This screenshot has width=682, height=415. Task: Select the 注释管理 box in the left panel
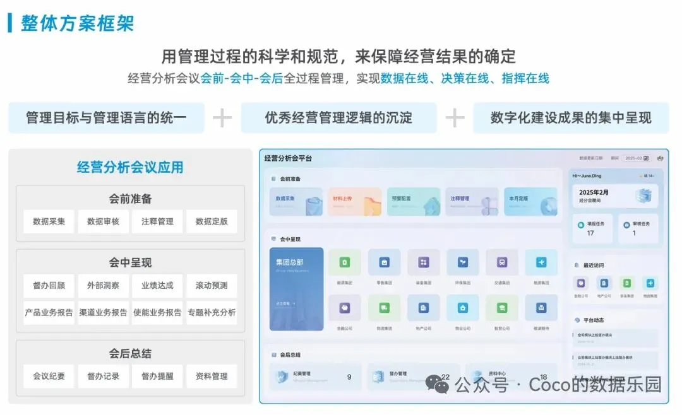(157, 221)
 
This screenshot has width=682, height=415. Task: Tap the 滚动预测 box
(212, 285)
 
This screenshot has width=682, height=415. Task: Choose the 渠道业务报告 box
(103, 312)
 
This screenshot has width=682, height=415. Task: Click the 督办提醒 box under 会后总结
(157, 376)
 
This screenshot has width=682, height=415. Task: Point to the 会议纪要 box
(49, 376)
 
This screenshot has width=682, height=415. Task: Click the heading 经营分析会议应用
(130, 167)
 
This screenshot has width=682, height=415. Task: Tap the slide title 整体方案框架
(77, 23)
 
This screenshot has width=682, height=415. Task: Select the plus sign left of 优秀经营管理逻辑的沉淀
(222, 118)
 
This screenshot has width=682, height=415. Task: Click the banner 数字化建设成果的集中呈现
(571, 118)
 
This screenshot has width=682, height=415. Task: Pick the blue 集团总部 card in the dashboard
(296, 289)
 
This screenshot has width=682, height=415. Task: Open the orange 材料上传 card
(354, 201)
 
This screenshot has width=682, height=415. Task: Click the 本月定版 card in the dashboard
(530, 201)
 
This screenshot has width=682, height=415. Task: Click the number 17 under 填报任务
(590, 233)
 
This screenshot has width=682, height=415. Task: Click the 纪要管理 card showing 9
(315, 377)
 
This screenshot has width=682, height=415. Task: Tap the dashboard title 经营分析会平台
(288, 158)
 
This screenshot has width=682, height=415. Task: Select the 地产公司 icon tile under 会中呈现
(423, 308)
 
